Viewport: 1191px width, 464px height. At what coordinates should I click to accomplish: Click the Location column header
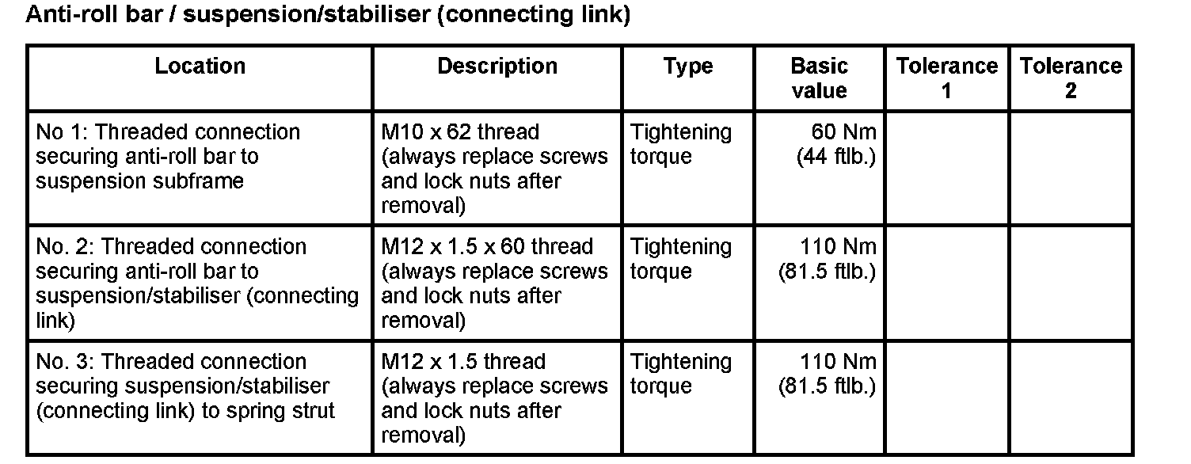tap(200, 66)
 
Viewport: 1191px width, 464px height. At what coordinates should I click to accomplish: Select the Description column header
tap(497, 66)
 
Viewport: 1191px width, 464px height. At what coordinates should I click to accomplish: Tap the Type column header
tap(688, 66)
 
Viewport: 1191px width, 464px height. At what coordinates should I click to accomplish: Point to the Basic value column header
tap(819, 78)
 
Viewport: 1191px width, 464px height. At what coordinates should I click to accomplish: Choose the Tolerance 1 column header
tap(946, 78)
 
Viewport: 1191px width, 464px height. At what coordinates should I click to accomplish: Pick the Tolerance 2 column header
tap(1071, 78)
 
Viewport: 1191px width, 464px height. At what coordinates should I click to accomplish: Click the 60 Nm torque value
tap(844, 131)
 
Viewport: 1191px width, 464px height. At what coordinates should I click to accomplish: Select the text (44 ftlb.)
tap(836, 156)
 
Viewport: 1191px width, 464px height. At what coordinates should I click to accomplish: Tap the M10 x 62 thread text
tap(460, 131)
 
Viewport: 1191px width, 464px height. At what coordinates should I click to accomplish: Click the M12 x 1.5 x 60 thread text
tap(487, 246)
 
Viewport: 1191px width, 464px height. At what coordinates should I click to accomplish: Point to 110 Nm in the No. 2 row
tap(838, 246)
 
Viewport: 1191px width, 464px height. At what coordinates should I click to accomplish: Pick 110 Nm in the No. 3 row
tap(838, 361)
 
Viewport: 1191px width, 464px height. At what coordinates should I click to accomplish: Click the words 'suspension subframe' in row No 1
tap(139, 181)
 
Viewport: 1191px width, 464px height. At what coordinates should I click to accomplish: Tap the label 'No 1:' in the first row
tap(62, 131)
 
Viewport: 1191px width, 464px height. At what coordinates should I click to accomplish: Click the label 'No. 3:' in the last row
tap(67, 361)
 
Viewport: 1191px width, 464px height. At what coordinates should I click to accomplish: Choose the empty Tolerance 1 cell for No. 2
tap(946, 282)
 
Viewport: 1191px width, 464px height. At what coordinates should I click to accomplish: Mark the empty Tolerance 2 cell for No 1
tap(1071, 167)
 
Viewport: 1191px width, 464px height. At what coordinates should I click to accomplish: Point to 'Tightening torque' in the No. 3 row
tap(681, 373)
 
